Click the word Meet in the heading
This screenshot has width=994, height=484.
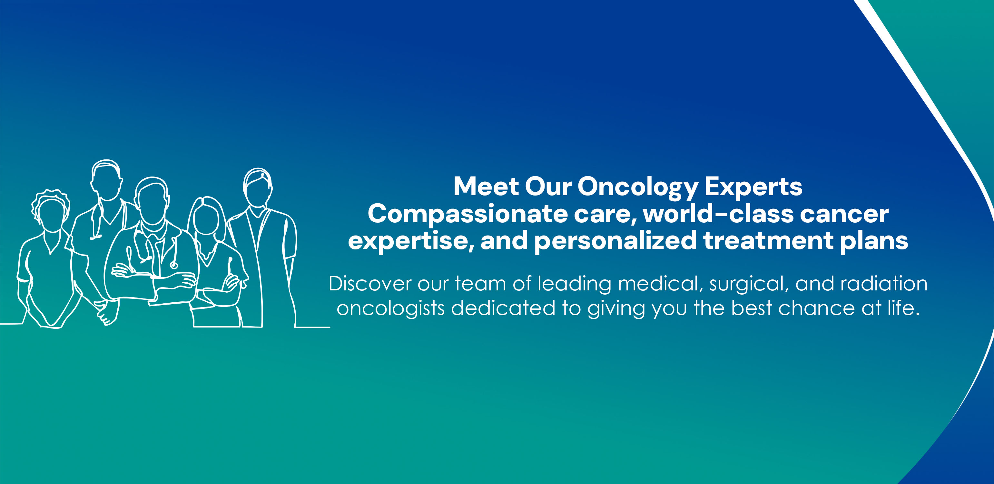click(x=486, y=187)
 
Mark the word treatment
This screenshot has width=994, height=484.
click(x=768, y=241)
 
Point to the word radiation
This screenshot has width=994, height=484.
click(x=884, y=284)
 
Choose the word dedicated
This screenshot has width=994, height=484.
click(x=503, y=308)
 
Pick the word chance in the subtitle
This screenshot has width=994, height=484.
click(x=816, y=308)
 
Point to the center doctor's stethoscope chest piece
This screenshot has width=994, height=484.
click(x=174, y=265)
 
